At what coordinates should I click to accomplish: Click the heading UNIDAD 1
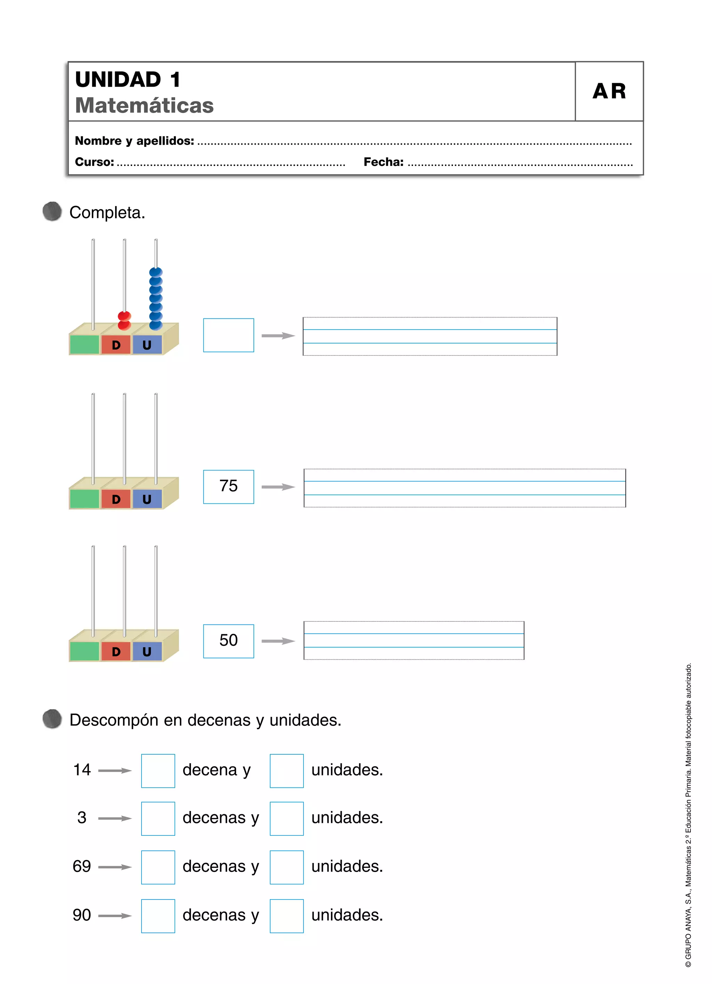[x=128, y=80]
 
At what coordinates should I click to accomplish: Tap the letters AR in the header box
[x=609, y=92]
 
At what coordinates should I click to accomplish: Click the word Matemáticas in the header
[x=144, y=105]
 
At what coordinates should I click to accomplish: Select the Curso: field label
[x=95, y=162]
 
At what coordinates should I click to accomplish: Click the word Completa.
[x=107, y=213]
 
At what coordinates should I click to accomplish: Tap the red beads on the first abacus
[x=124, y=320]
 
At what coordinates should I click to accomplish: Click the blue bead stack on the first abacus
[x=156, y=299]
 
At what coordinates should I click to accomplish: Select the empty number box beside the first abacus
[x=228, y=335]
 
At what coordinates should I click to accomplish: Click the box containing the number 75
[x=228, y=487]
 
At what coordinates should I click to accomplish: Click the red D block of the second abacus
[x=116, y=499]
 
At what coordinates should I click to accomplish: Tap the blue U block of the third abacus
[x=147, y=652]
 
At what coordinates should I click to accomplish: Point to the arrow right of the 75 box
[x=278, y=487]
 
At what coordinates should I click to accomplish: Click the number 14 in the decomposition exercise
[x=82, y=770]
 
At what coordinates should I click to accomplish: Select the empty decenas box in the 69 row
[x=158, y=867]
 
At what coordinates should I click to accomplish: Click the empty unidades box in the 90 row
[x=286, y=916]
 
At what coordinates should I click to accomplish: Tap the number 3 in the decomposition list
[x=82, y=818]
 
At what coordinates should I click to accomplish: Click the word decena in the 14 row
[x=210, y=770]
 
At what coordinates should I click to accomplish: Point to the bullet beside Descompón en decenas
[x=52, y=719]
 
